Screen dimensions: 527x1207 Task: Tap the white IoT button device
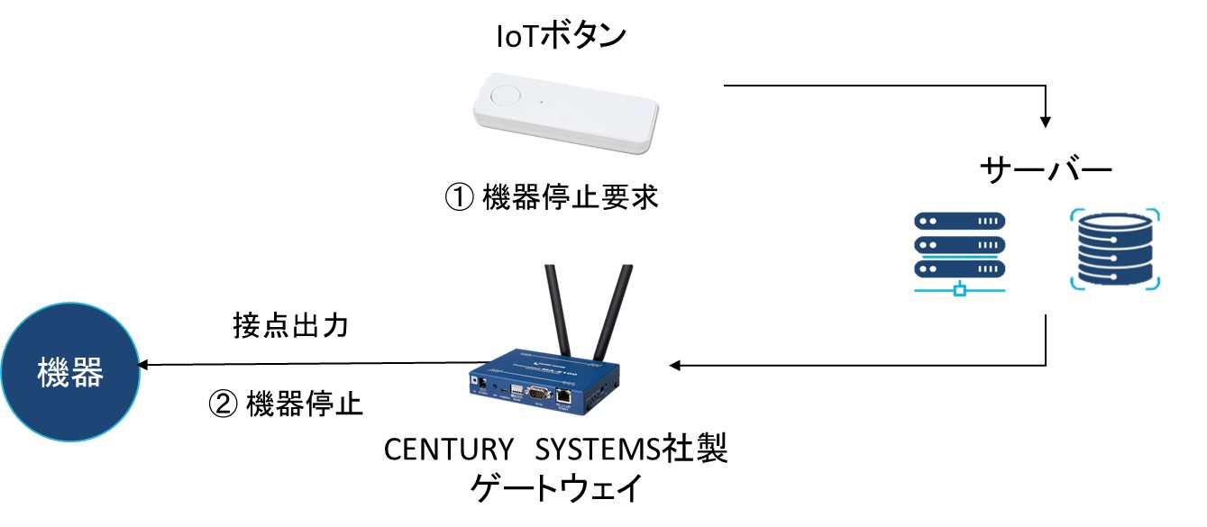coord(565,112)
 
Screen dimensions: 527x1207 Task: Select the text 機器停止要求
coord(571,197)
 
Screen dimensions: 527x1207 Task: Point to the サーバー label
coord(1047,171)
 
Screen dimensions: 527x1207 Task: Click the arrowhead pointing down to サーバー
coord(1046,119)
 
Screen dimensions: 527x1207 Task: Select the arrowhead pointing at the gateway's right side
coord(677,365)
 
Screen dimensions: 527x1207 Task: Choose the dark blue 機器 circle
coord(70,371)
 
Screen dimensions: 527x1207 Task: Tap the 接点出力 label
coord(291,325)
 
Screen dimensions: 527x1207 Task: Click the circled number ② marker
coord(222,404)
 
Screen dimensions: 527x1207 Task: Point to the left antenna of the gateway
coord(555,311)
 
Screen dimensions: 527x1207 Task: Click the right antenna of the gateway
coord(612,311)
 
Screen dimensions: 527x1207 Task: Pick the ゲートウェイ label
coord(556,489)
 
